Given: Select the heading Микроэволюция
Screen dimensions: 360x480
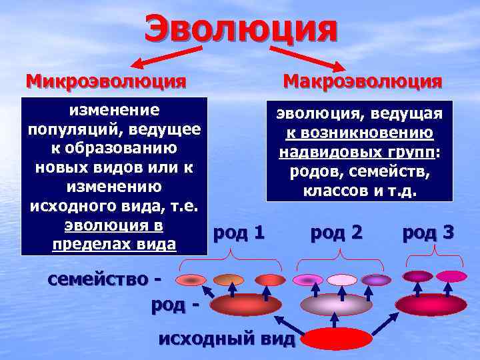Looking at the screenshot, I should pos(106,81).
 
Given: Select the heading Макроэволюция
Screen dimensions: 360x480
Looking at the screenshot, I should pos(363,81).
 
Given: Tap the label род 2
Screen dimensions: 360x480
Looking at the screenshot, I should pos(337,232).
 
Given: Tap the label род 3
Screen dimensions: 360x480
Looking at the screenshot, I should pos(429,232).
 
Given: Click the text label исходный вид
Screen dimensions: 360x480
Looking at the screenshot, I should pos(227,339).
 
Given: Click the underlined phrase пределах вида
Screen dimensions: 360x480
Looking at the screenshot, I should pos(113,245).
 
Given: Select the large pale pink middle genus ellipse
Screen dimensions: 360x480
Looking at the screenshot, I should pos(336,305).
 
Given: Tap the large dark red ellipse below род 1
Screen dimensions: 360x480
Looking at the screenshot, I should pos(246,305).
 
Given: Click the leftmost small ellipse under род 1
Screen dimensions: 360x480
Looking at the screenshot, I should pos(191,280).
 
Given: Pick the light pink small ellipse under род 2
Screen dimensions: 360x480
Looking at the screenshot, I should pos(342,280).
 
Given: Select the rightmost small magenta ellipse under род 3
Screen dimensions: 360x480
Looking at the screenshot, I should pos(451,276).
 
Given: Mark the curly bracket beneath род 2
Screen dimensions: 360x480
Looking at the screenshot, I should pos(341,257).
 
